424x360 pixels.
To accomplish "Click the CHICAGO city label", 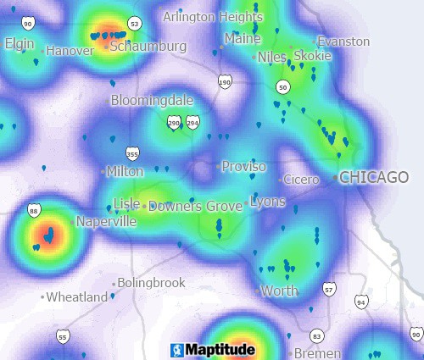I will (374, 177).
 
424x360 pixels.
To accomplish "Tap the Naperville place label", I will (106, 221).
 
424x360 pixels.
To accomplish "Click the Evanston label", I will (343, 41).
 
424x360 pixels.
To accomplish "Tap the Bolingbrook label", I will (151, 282).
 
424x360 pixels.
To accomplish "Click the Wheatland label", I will (77, 297).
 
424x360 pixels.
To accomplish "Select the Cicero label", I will (301, 180).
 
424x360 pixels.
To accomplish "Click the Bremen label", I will (315, 353).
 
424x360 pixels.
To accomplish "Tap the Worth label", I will (280, 291).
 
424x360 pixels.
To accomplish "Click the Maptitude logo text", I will (215, 349).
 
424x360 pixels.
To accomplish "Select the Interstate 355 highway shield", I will (131, 153).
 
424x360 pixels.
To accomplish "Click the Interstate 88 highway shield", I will (34, 210).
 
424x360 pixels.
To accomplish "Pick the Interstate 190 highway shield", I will (224, 82).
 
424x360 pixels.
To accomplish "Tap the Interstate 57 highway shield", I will (329, 290).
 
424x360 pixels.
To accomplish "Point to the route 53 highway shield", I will (133, 22).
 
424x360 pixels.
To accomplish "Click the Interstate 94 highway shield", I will (362, 301).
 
